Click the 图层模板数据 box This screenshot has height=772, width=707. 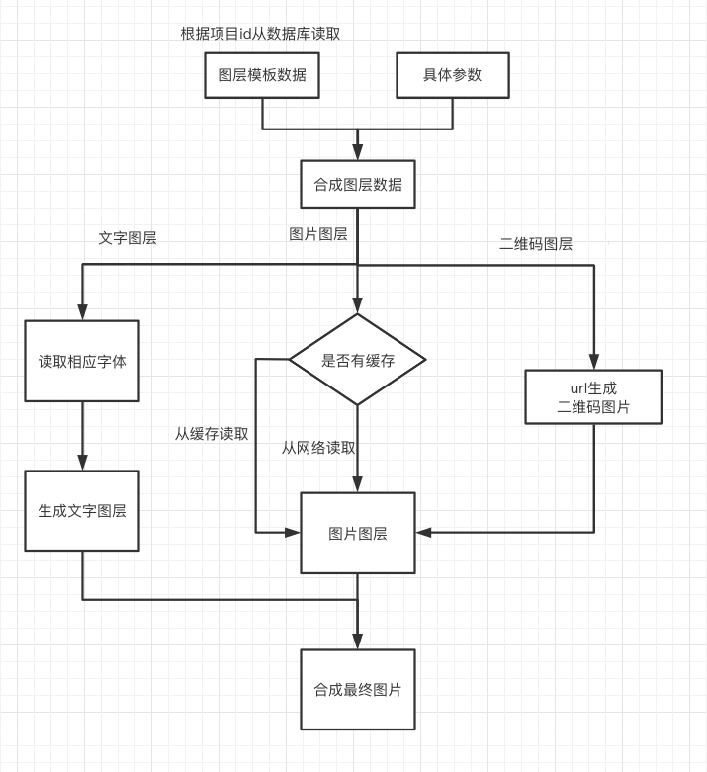(x=262, y=75)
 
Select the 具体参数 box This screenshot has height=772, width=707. (x=453, y=75)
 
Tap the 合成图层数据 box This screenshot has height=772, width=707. (x=357, y=184)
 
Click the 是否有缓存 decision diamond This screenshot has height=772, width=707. (x=357, y=360)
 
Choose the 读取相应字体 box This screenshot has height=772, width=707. (x=82, y=361)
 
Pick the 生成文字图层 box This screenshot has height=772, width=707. (x=82, y=511)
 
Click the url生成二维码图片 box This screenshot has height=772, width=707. (x=593, y=396)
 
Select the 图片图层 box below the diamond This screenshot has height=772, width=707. (x=357, y=533)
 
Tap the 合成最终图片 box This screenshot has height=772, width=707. (x=357, y=689)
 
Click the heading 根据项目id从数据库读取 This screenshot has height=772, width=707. (x=260, y=34)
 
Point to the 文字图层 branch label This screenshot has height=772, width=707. (x=128, y=238)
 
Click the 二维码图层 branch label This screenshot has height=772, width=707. (x=536, y=244)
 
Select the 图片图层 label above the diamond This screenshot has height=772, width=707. (x=317, y=234)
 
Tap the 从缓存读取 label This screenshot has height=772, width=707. (x=212, y=433)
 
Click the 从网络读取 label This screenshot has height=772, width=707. (x=318, y=447)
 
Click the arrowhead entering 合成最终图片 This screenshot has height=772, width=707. (x=357, y=642)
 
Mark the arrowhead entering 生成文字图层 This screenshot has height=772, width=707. (x=82, y=463)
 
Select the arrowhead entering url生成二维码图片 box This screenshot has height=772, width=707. (x=593, y=362)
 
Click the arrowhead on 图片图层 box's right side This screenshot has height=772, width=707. (x=423, y=533)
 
